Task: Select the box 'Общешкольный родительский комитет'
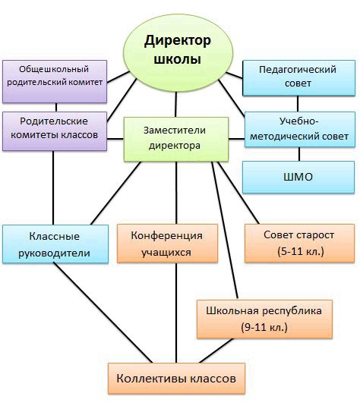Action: point(55,81)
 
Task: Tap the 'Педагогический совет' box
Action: point(298,77)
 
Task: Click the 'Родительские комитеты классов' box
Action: point(55,131)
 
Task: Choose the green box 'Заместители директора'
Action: point(176,139)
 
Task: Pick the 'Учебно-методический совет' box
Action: point(300,129)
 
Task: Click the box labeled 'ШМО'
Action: point(298,177)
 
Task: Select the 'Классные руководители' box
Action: point(55,244)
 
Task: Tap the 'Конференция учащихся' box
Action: point(167,243)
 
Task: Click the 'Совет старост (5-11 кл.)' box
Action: point(299,243)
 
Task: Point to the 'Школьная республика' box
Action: point(264,319)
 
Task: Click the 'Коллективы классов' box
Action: point(176,378)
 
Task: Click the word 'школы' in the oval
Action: point(177,59)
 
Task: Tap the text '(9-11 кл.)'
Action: point(264,327)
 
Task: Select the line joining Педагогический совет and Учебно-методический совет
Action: point(298,104)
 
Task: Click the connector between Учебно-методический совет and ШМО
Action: point(299,154)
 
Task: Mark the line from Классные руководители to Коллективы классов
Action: point(103,313)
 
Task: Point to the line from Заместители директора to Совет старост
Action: point(238,193)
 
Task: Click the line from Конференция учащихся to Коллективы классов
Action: point(176,313)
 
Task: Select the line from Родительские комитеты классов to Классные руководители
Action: point(53,188)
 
